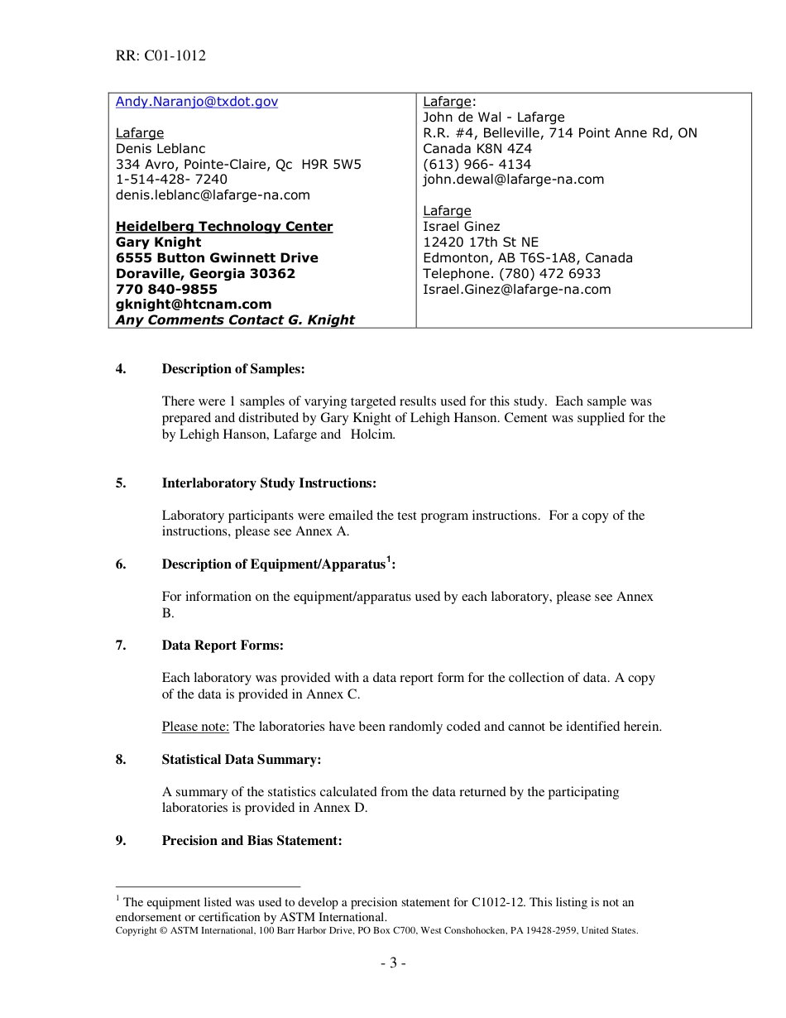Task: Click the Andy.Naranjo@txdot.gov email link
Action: (x=196, y=102)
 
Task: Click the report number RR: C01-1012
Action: (x=161, y=56)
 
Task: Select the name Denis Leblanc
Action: (x=160, y=149)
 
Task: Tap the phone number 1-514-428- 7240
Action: (x=171, y=180)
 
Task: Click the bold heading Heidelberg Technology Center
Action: (x=224, y=227)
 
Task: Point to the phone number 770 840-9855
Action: (x=166, y=290)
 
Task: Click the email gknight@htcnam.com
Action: (x=194, y=305)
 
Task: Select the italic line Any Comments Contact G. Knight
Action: (x=235, y=320)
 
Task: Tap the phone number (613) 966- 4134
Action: (x=477, y=165)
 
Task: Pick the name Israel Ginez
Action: (x=461, y=227)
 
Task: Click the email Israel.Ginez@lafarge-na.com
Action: (x=516, y=290)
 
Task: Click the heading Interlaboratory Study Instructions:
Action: (x=269, y=483)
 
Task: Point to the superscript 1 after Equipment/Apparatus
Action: (x=389, y=559)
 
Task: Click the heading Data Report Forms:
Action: (x=223, y=646)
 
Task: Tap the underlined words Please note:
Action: (x=195, y=727)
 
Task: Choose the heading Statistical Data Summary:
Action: (x=242, y=760)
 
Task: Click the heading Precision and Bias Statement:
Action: (x=252, y=841)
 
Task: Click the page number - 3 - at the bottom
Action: (x=393, y=963)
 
